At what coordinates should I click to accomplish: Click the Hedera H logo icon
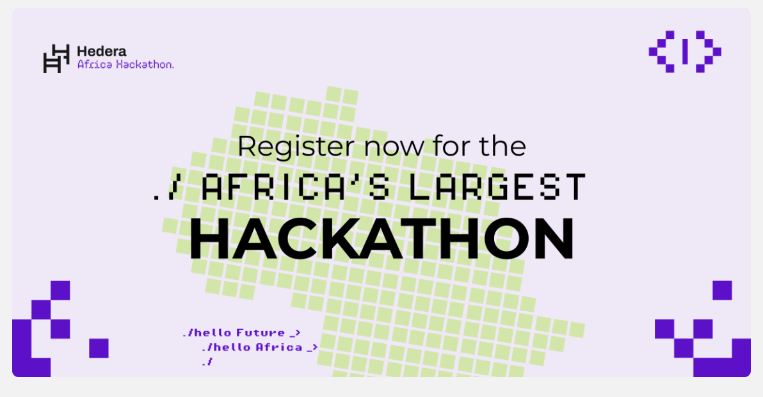point(56,58)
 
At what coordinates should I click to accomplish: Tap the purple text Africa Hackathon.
point(125,65)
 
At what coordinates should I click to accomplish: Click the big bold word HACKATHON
point(381,239)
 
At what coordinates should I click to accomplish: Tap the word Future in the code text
point(261,333)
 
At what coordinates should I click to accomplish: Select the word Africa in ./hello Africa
point(279,348)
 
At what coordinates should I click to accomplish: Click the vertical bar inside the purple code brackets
point(685,51)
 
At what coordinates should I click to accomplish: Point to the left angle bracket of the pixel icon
point(662,51)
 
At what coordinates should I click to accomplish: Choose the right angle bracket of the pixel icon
point(708,51)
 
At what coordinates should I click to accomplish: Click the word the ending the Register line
point(502,147)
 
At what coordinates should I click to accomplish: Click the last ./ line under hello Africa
point(206,362)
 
